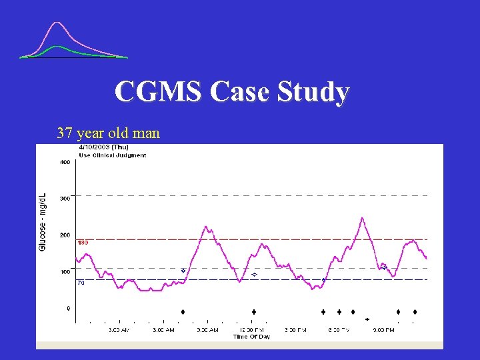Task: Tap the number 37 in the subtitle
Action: (65, 133)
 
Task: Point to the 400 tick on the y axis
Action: (65, 162)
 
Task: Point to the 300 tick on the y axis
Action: (65, 199)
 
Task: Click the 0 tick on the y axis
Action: (67, 309)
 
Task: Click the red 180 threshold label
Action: (83, 243)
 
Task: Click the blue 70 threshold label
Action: (81, 283)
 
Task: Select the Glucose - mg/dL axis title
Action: (43, 222)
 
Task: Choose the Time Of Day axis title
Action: (251, 337)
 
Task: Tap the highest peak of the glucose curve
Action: (362, 218)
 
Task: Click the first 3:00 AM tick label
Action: (119, 330)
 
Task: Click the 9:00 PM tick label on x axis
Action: (383, 330)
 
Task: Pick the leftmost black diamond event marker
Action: (183, 312)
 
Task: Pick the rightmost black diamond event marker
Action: (415, 312)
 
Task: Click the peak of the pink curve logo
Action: (58, 24)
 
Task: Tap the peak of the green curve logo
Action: (58, 47)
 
